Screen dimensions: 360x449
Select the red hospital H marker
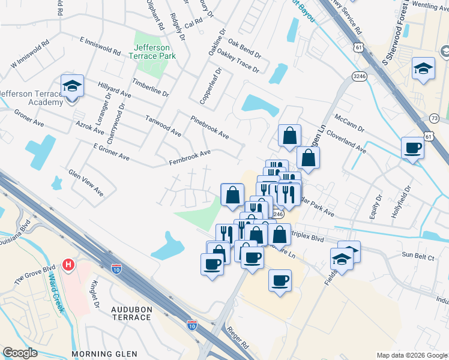69,264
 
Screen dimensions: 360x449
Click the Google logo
20,353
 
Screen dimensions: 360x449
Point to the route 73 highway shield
435,118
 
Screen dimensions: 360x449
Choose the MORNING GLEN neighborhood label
104,354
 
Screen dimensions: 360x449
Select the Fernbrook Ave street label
190,158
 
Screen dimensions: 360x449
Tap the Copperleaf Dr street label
211,86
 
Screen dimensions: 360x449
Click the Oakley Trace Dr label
239,61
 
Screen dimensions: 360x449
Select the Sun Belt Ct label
418,255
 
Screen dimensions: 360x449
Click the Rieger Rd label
238,338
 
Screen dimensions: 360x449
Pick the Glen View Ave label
86,182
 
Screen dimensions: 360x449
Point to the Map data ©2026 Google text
411,355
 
